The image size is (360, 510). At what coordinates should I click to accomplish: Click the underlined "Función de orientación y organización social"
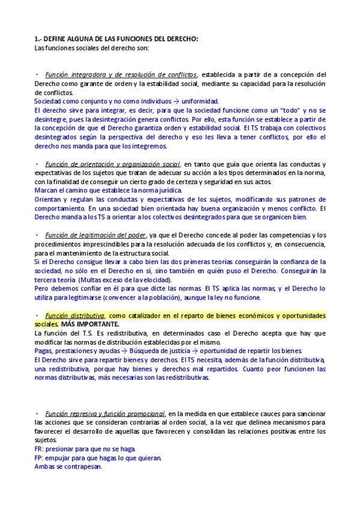tap(112, 164)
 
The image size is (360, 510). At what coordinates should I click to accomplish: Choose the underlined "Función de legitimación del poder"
tap(95, 235)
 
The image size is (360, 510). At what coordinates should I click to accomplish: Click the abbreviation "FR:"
tap(39, 449)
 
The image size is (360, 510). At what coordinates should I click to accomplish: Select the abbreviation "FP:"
tap(39, 458)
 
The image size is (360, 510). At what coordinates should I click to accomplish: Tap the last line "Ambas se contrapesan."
tap(68, 467)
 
